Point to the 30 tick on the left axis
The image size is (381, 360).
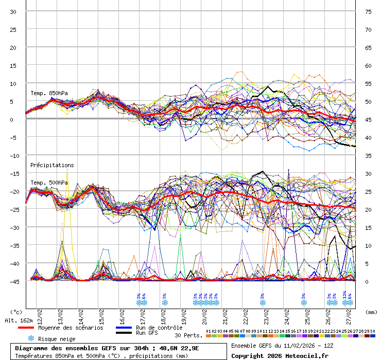click(x=13, y=11)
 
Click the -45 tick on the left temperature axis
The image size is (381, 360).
click(x=13, y=281)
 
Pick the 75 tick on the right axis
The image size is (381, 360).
click(x=369, y=11)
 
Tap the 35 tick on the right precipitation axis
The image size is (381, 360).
click(x=369, y=155)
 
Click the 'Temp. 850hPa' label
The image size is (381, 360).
click(x=49, y=93)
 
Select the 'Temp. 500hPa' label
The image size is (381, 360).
click(x=49, y=183)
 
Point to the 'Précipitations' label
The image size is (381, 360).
click(x=51, y=165)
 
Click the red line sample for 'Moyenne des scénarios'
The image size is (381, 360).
click(x=26, y=328)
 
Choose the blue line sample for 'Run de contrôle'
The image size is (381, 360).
click(x=124, y=328)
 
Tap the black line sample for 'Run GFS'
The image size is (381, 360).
click(x=124, y=333)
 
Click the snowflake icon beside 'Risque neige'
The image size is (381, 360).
click(x=31, y=338)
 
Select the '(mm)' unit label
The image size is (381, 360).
click(x=371, y=312)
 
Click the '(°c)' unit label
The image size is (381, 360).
click(x=16, y=312)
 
